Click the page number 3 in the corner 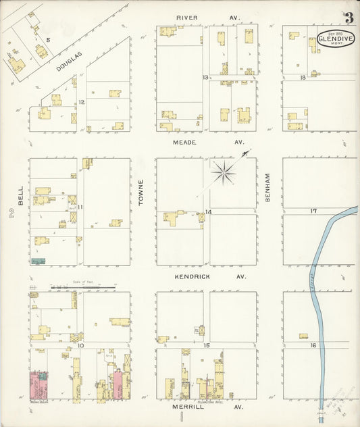coord(349,18)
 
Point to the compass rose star coord(223,174)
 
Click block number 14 coord(209,212)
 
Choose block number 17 coord(313,211)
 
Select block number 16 coord(313,345)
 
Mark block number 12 coord(81,102)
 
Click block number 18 coord(303,78)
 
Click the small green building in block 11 coord(38,260)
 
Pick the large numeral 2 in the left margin coord(11,214)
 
